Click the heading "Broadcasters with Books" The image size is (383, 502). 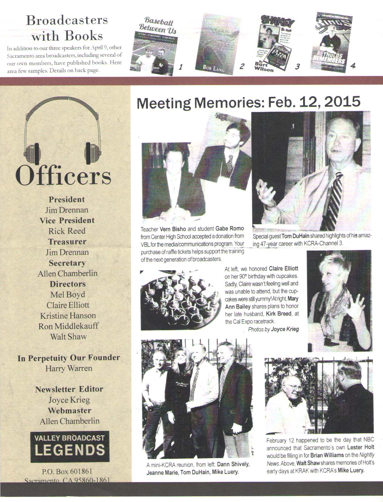point(67,28)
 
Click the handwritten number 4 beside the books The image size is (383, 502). point(353,66)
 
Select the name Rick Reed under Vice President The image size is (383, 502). point(67,231)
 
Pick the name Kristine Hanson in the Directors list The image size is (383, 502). point(68,316)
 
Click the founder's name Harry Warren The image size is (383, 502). point(68,368)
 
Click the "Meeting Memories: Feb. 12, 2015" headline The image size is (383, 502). point(248,103)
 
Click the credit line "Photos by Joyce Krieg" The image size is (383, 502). point(273,329)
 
